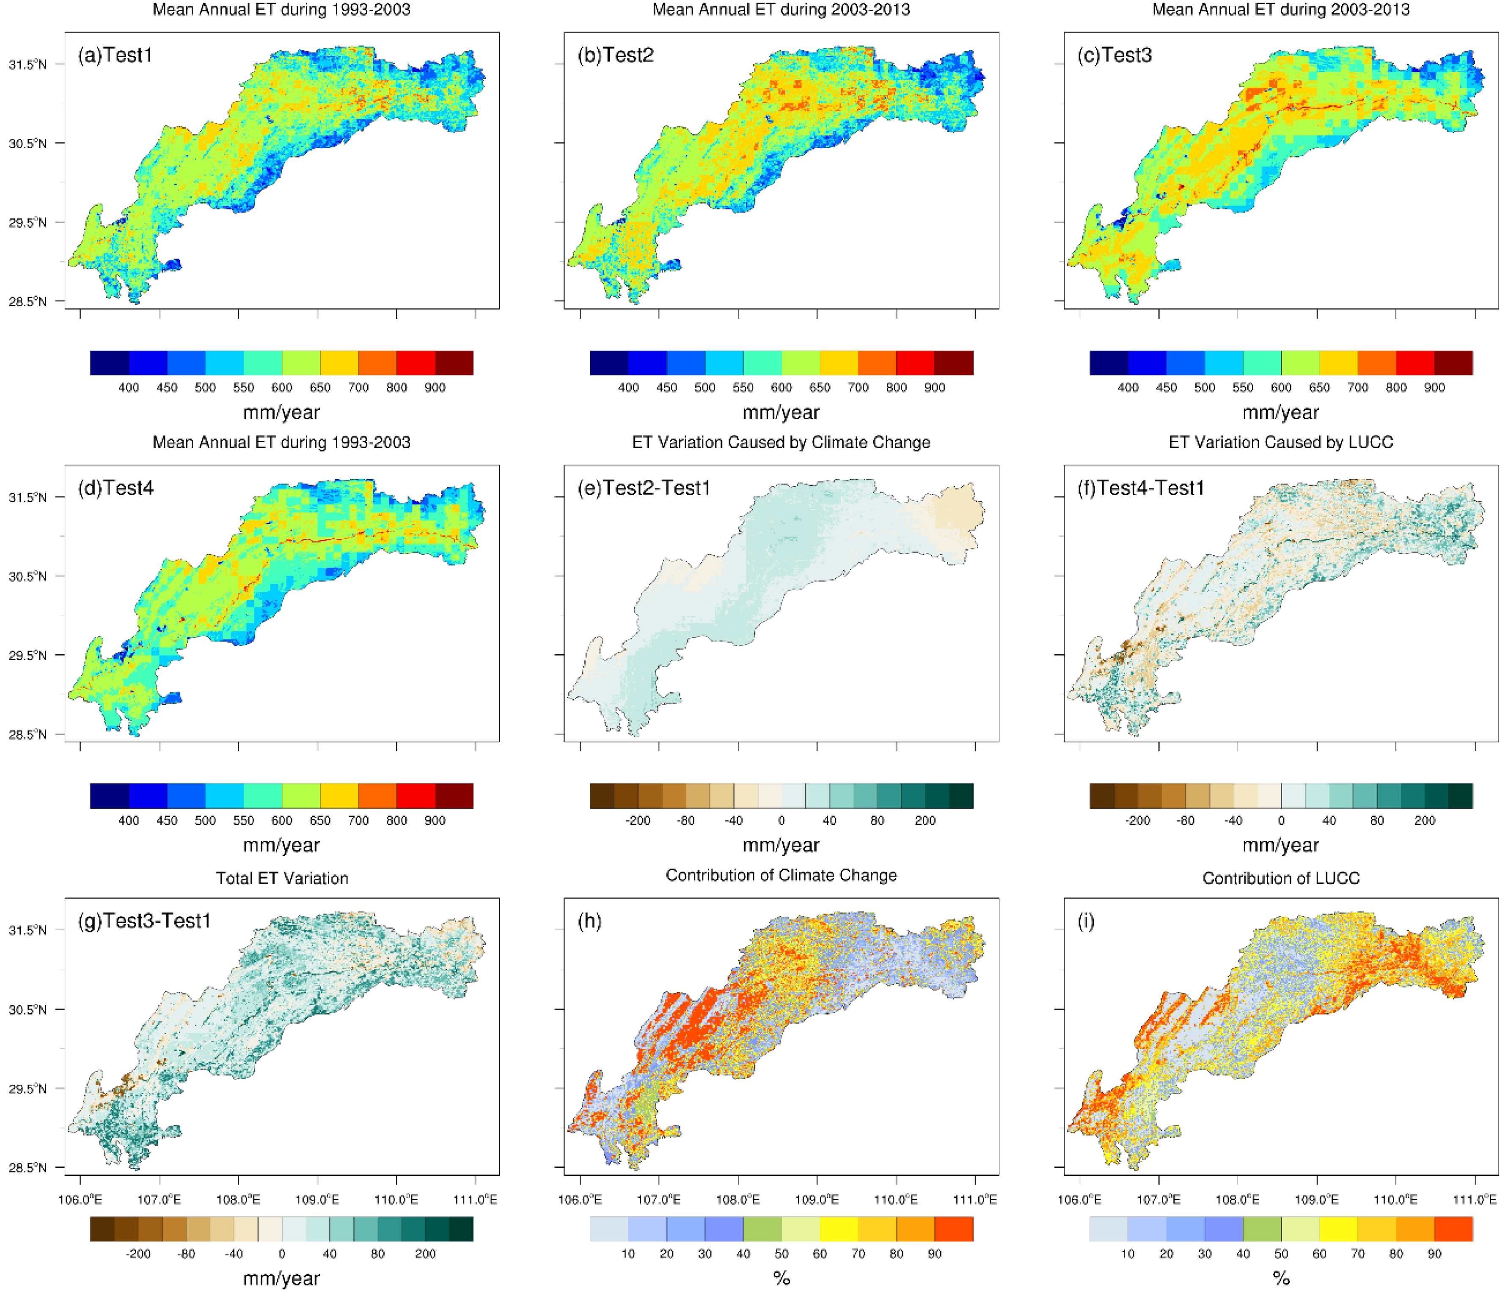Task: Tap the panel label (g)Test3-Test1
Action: click(144, 921)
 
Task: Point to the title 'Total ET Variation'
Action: click(282, 878)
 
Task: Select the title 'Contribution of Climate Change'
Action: click(781, 875)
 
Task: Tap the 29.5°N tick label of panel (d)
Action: click(28, 655)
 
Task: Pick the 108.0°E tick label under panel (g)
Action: click(238, 1199)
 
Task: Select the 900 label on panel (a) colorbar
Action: click(435, 387)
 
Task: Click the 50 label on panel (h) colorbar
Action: click(781, 1254)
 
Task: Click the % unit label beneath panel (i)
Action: click(1280, 1279)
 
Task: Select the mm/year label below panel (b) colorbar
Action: click(781, 412)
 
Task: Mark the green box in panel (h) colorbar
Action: click(762, 1229)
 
